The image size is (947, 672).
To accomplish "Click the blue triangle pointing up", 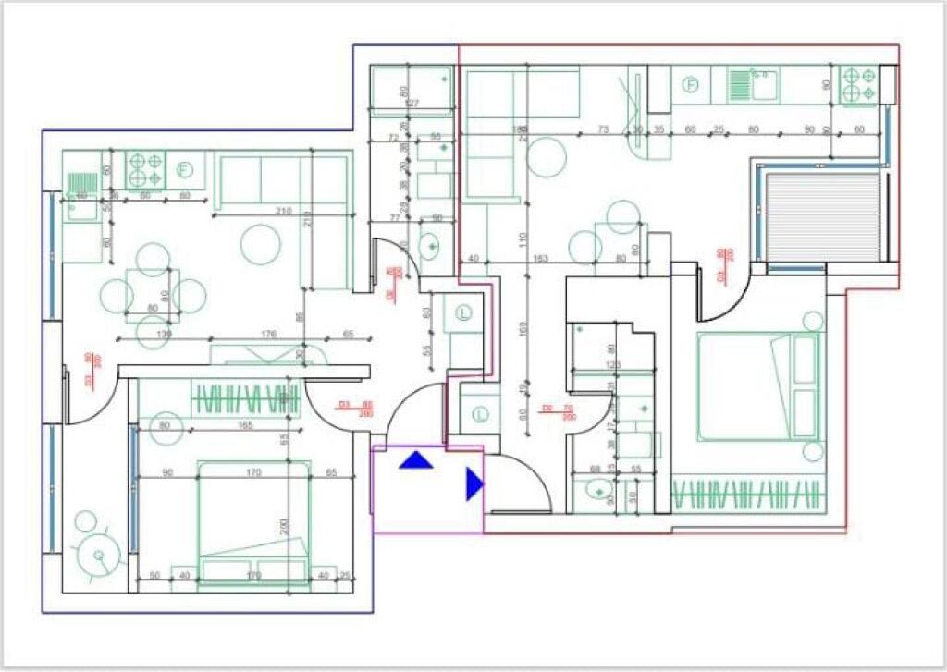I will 416,458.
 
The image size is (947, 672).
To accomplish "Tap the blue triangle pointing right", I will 473,484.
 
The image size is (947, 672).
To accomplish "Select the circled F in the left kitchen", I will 183,169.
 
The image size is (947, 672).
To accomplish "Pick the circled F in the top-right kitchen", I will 689,85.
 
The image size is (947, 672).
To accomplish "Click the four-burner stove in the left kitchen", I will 144,169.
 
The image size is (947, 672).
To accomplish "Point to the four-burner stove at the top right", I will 857,86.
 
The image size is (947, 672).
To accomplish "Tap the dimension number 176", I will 269,334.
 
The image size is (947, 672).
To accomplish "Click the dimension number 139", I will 165,334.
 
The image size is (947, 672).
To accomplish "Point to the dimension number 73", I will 603,129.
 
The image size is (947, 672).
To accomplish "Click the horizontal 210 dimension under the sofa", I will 283,213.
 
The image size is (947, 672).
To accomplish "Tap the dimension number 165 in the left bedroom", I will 246,426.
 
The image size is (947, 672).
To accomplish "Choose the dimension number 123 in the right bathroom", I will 611,366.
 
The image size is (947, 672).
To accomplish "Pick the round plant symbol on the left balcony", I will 98,555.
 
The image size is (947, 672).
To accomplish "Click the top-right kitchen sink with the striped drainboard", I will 752,86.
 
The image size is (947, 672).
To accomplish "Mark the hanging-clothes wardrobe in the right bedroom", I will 747,495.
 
